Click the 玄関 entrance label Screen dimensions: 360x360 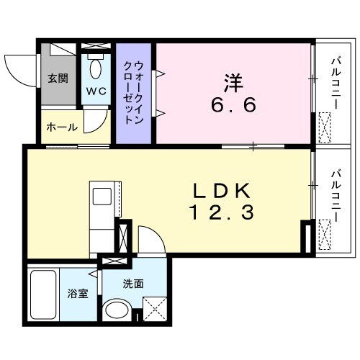[58, 78]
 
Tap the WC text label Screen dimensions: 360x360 [96, 91]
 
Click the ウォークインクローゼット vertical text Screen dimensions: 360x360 [134, 94]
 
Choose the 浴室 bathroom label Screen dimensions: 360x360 [77, 294]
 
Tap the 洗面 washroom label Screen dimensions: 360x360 [133, 284]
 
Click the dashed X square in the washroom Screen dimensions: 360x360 [154, 310]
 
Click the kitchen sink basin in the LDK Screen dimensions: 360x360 [100, 196]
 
